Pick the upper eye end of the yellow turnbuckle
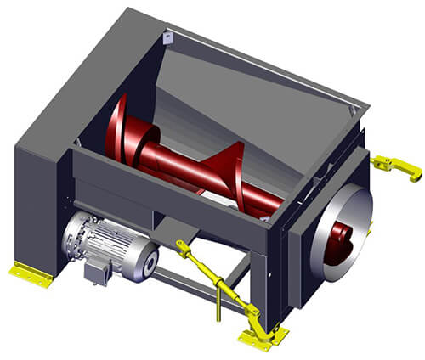pyautogui.click(x=182, y=247)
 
